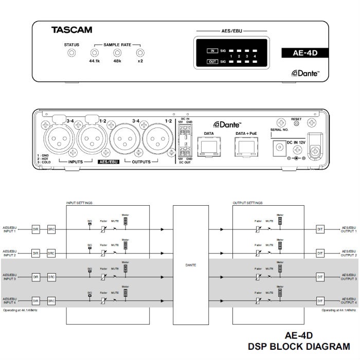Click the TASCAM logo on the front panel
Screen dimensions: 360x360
pyautogui.click(x=71, y=30)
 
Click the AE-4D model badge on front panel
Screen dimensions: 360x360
pyautogui.click(x=303, y=52)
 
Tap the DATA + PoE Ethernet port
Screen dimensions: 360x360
pyautogui.click(x=245, y=147)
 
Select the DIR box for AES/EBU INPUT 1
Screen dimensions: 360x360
pyautogui.click(x=35, y=230)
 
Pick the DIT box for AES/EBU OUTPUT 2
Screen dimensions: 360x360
pyautogui.click(x=320, y=253)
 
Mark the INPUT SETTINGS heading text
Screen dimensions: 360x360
pyautogui.click(x=78, y=203)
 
